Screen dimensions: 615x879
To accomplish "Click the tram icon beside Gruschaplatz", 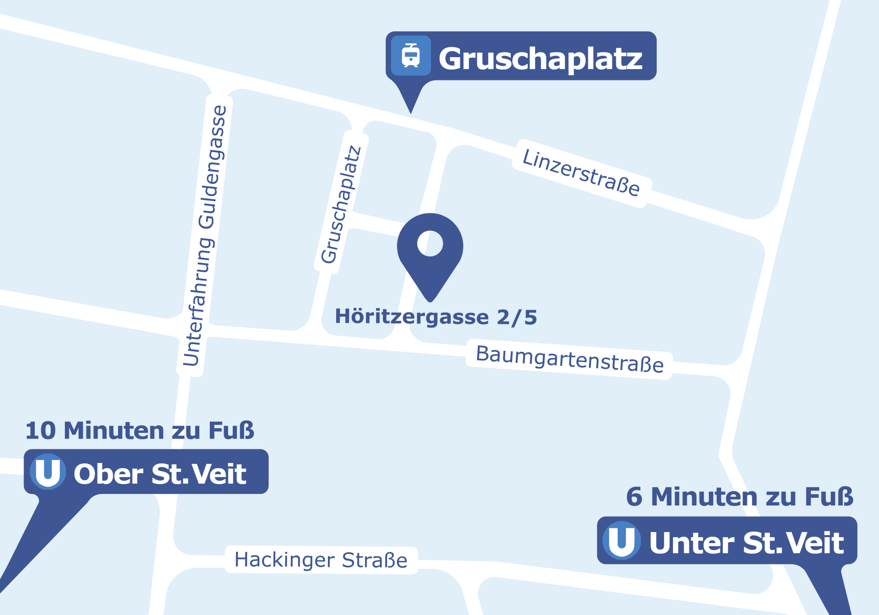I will pos(411,56).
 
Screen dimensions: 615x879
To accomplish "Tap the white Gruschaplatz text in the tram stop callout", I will pos(540,58).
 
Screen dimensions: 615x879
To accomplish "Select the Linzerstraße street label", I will pos(581,173).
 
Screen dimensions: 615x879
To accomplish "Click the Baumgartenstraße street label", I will pos(570,359).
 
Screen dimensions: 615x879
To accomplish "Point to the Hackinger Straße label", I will pos(321,560).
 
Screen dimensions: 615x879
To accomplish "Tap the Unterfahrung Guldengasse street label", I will pos(204,236).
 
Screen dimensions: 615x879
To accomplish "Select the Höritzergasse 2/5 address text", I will pos(436,317).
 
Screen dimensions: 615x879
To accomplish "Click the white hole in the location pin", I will pos(430,244).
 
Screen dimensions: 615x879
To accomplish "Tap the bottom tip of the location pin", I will pos(430,300).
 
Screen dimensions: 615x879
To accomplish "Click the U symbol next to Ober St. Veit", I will pos(48,472).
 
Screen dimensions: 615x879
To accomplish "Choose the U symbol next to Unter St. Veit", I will pos(621,540).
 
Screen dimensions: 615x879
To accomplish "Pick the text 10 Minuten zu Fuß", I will pos(140,430).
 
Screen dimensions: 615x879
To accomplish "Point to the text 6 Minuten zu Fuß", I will pos(740,497).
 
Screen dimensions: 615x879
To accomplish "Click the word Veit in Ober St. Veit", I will pos(219,474).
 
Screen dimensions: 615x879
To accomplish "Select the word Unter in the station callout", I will pos(691,543).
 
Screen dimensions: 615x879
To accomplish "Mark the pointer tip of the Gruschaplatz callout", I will pos(411,113).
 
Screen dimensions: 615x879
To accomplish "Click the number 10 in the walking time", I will pos(40,430).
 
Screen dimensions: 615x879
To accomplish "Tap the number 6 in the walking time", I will pos(634,497).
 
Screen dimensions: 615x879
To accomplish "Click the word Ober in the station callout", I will pos(108,474).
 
